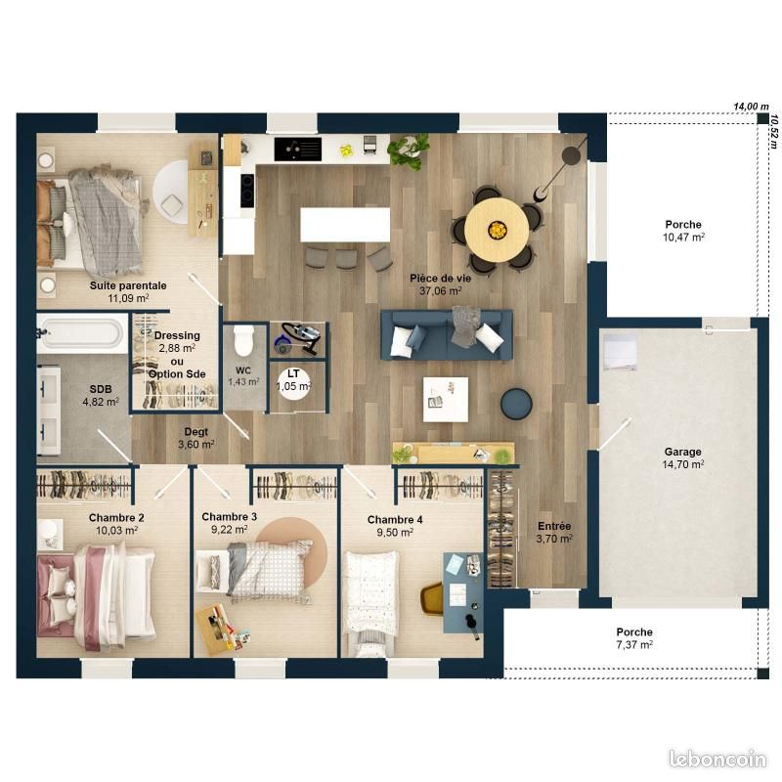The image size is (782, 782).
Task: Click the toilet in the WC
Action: (x=243, y=339)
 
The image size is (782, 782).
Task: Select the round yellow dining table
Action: (x=497, y=230)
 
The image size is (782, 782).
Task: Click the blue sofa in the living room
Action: (x=447, y=334)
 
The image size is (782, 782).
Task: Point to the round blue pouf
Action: (x=516, y=403)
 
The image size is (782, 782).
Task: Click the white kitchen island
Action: (x=345, y=225)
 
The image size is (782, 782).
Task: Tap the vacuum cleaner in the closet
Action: (x=298, y=338)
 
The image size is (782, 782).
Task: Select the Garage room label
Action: (x=682, y=452)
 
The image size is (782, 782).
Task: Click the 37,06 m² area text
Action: (x=441, y=290)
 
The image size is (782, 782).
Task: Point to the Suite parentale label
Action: (x=128, y=285)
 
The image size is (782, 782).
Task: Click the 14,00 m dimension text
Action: (x=751, y=107)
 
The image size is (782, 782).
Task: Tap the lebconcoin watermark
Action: (x=717, y=759)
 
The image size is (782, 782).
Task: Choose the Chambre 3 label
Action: (x=230, y=517)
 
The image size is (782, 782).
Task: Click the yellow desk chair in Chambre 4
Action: (x=432, y=598)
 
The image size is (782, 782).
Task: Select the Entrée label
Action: (x=554, y=526)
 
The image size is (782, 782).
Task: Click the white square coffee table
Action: (x=446, y=400)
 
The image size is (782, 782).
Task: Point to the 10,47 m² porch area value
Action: (x=683, y=238)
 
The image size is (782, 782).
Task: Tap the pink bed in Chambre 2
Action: (x=96, y=596)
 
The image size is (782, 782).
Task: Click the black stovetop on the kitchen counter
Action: (x=298, y=150)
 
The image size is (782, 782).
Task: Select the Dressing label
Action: (x=177, y=335)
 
